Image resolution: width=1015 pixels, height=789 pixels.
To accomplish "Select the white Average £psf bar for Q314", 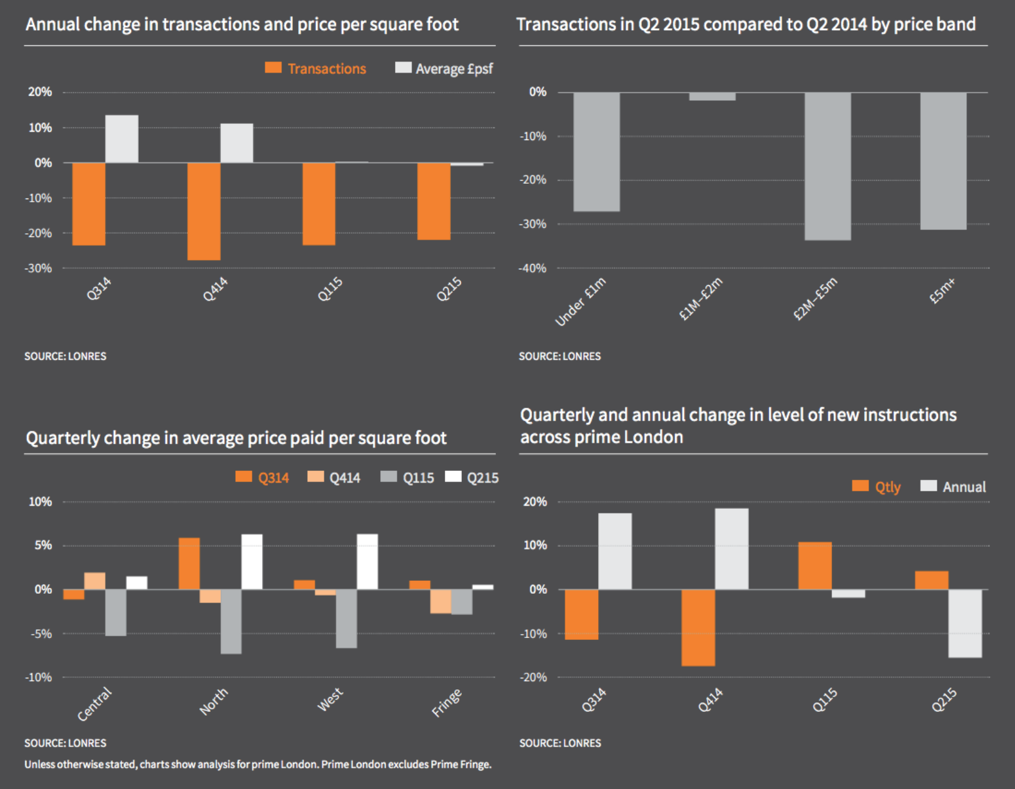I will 121,139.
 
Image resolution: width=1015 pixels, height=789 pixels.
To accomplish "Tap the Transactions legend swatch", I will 273,67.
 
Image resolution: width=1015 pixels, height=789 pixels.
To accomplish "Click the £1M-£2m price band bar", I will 712,96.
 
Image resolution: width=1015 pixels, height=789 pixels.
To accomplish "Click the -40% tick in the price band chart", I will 533,269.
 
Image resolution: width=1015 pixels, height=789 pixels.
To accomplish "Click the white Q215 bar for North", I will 252,562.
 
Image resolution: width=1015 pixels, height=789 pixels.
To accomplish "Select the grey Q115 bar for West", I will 346,618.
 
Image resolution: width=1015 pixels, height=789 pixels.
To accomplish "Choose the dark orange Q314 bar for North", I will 189,563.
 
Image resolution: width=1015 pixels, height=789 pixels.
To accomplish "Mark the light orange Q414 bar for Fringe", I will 441,601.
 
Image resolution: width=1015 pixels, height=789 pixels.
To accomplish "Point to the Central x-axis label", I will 94,704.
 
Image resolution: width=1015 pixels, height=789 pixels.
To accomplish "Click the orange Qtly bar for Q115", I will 815,565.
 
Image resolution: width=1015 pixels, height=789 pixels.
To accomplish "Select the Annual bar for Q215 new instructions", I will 965,623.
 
